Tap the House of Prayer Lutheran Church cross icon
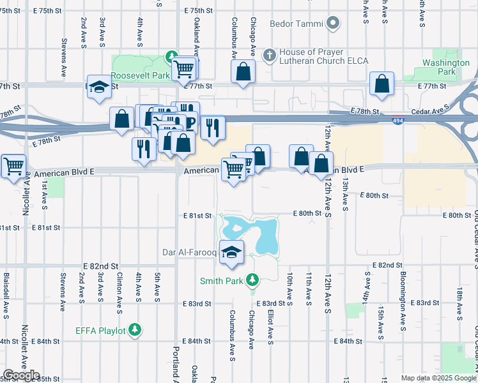pos(269,54)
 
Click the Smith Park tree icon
pos(253,280)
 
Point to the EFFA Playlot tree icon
pos(135,329)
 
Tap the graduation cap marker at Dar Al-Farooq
pos(232,252)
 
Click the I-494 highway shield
pos(397,119)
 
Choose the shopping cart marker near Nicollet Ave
pos(13,166)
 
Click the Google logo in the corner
pos(22,375)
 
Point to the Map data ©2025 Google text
pos(438,378)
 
